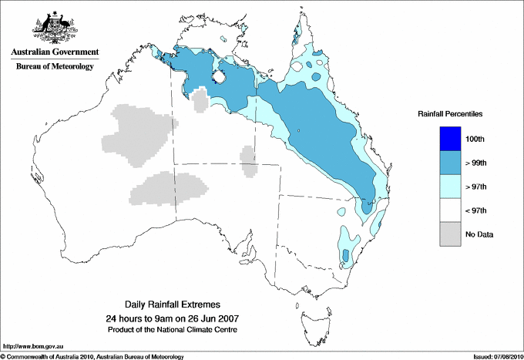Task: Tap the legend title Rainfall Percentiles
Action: pyautogui.click(x=450, y=113)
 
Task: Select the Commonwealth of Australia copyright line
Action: pyautogui.click(x=92, y=356)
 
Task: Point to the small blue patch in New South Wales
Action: pyautogui.click(x=346, y=254)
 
